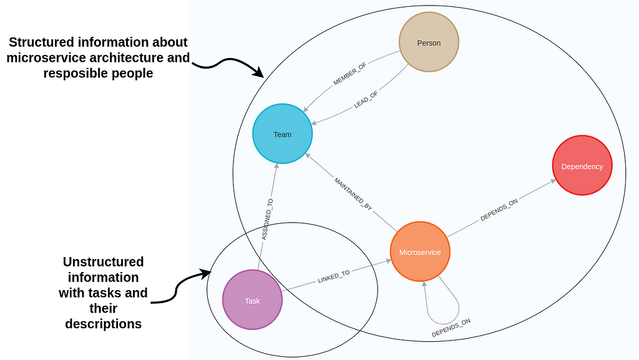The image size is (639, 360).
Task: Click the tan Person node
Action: [429, 42]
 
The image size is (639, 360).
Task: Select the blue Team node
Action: [283, 134]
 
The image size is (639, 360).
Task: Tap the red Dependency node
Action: [582, 165]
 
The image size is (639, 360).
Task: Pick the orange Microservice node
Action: [420, 251]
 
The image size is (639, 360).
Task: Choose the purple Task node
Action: [252, 299]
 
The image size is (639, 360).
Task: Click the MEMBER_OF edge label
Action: [349, 74]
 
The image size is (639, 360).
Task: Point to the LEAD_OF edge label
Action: [366, 100]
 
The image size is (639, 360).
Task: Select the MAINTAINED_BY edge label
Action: [353, 194]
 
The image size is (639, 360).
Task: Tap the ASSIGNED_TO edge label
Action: [267, 220]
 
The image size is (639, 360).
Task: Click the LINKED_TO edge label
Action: [334, 277]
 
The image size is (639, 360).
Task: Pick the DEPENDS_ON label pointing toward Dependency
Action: [499, 210]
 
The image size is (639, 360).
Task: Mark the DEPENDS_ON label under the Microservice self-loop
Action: [451, 328]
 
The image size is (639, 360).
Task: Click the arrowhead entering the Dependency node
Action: [554, 180]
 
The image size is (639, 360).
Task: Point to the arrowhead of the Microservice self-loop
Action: [424, 285]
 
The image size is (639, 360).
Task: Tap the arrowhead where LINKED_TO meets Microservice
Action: [388, 261]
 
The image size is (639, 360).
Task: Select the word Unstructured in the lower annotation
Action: [104, 261]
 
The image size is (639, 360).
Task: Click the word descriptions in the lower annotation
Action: [104, 324]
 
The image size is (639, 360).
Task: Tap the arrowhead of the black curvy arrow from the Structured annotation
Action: [259, 73]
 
